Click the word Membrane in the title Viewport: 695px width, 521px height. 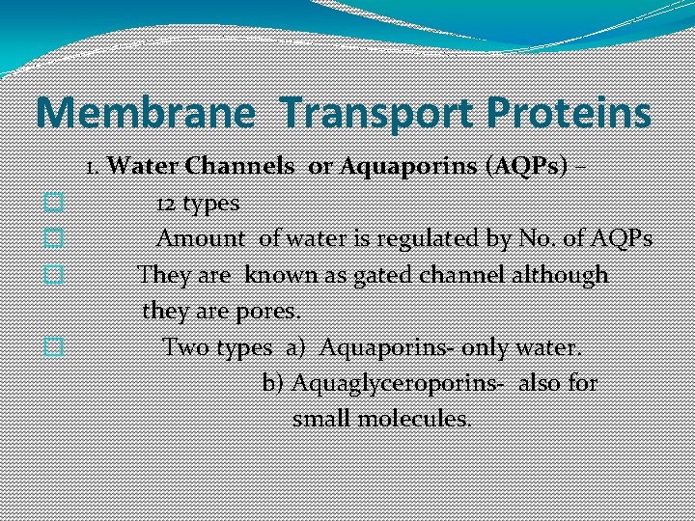point(146,113)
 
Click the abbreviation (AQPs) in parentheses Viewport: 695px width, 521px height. point(520,166)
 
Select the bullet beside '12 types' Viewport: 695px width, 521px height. point(54,203)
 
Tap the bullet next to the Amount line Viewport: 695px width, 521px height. point(54,237)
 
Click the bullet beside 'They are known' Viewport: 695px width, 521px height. point(54,275)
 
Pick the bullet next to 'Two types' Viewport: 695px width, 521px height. point(54,347)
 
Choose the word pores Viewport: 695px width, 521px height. point(274,312)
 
